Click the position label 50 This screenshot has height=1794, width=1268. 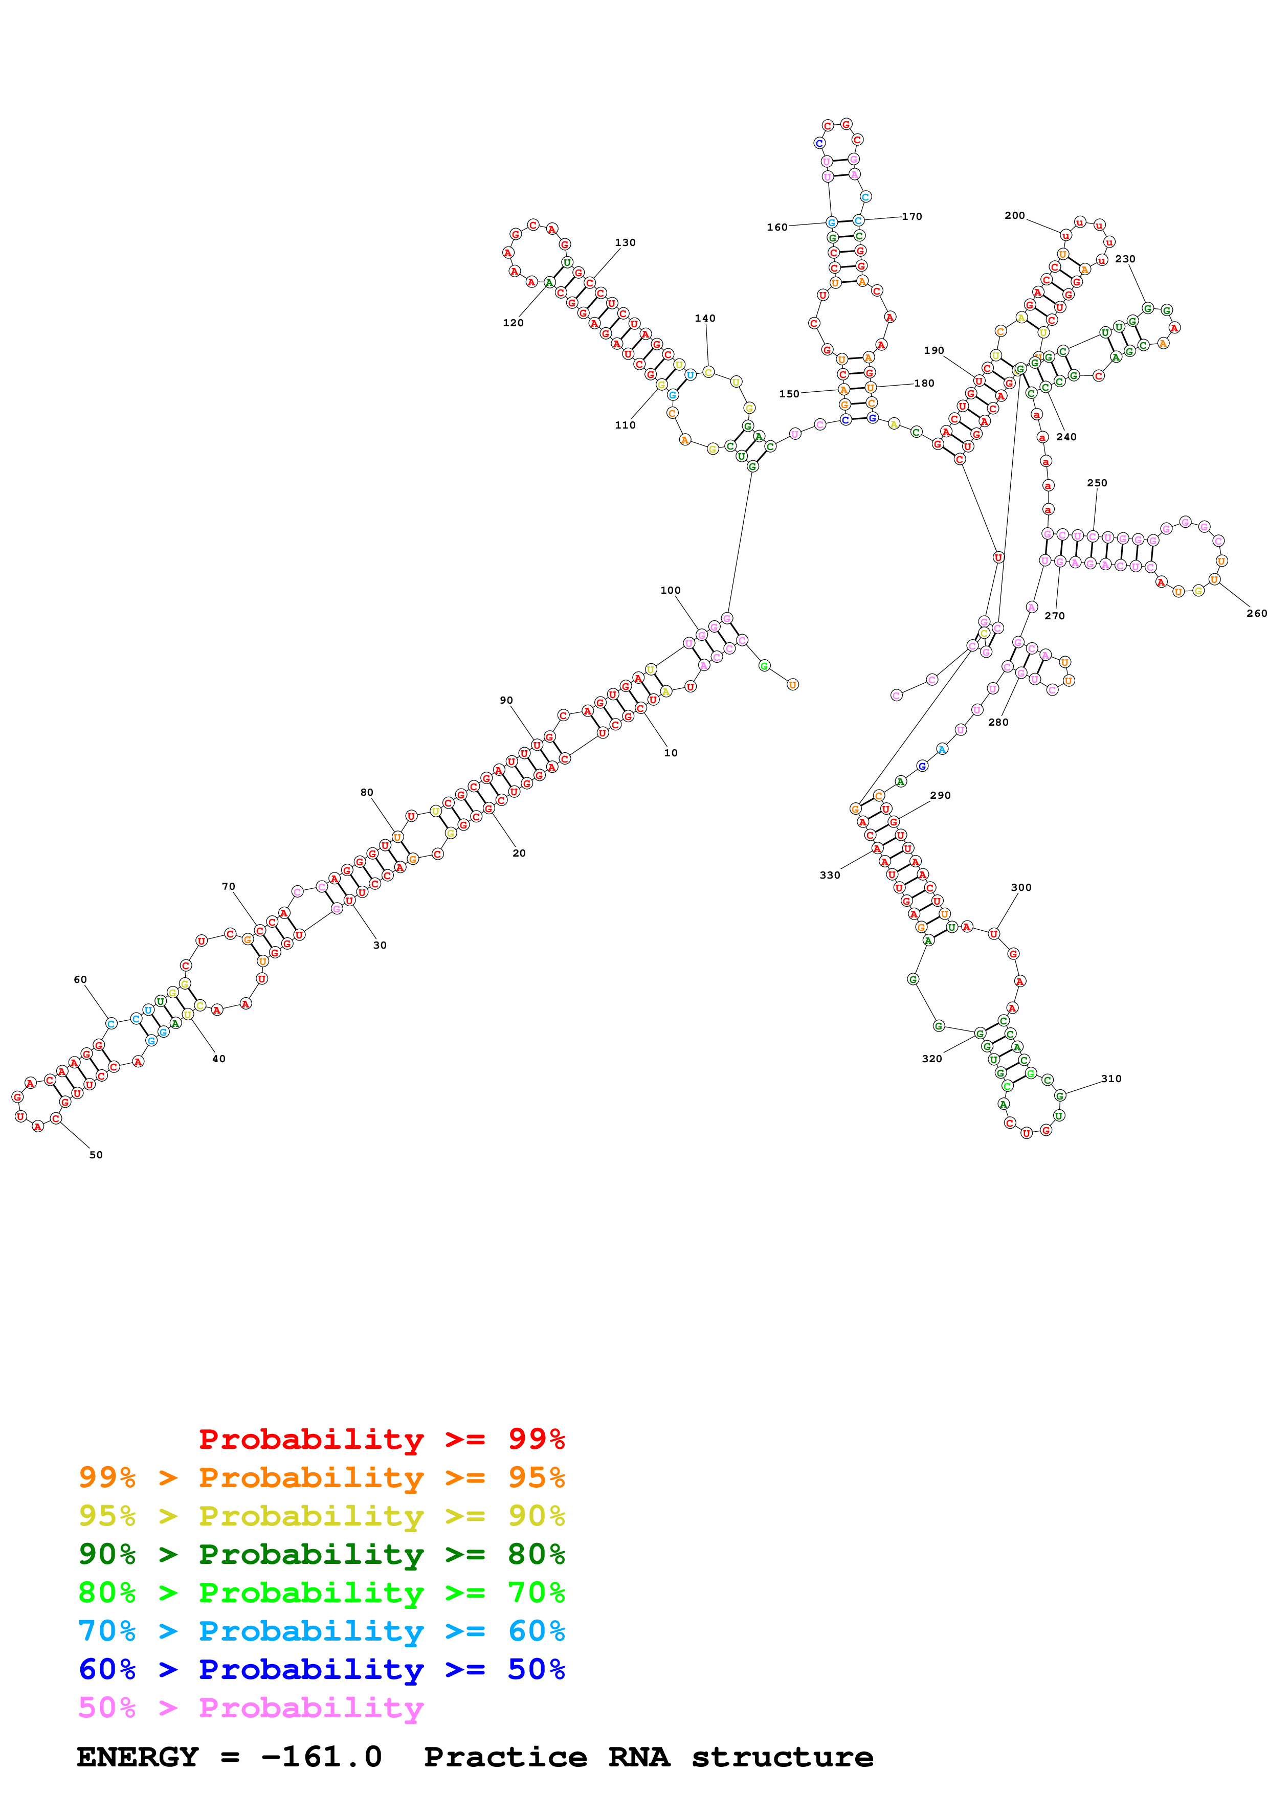(x=96, y=1155)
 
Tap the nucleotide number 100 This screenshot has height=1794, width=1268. (x=671, y=591)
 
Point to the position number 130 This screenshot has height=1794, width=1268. (x=625, y=243)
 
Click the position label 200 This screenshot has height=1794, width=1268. (x=1014, y=216)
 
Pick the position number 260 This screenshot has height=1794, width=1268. (x=1256, y=613)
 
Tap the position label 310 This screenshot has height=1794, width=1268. (x=1111, y=1079)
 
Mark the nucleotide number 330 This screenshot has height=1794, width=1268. (x=830, y=875)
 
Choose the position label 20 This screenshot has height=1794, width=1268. (x=519, y=853)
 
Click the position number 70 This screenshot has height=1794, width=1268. (x=228, y=887)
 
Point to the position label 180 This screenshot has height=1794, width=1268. (x=924, y=384)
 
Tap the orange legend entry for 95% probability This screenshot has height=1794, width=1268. (x=321, y=1477)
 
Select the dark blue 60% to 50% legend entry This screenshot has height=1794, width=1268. (x=321, y=1669)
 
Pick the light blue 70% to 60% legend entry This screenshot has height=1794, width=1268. (x=321, y=1631)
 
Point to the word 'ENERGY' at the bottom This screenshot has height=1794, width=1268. (x=138, y=1757)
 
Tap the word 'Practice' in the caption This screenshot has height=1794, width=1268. (x=505, y=1757)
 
